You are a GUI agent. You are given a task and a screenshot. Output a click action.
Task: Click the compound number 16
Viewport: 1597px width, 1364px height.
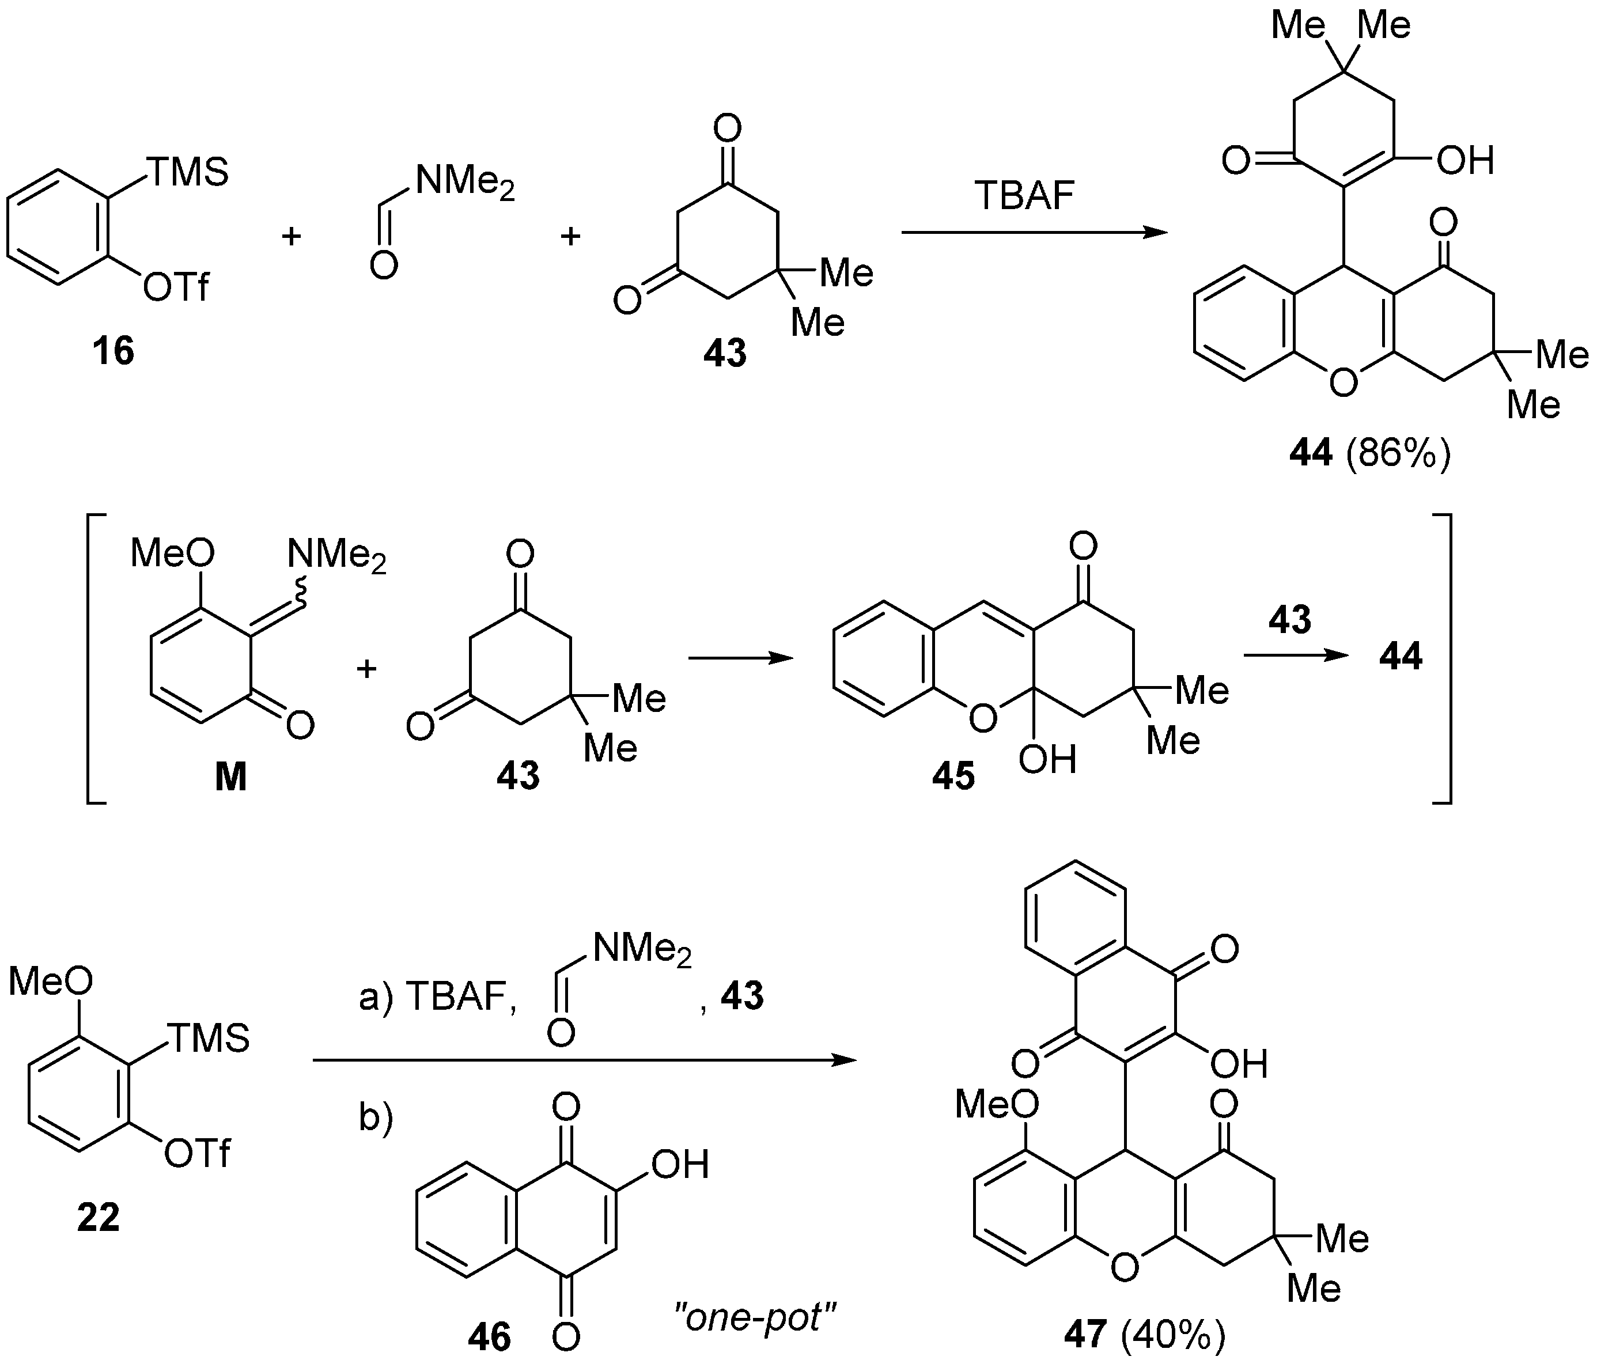coord(113,351)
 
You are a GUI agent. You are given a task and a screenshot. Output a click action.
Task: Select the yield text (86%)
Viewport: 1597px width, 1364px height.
coord(1399,454)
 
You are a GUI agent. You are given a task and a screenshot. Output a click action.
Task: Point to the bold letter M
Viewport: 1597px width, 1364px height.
coord(230,778)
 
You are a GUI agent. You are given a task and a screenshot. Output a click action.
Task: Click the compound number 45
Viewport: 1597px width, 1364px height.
coord(953,776)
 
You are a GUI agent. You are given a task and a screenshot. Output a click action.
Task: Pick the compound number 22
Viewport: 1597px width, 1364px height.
coord(99,1218)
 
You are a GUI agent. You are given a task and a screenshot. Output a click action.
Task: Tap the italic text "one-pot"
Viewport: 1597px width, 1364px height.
coord(755,1318)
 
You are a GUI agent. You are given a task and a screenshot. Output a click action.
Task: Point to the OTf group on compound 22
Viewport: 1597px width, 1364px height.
coord(197,1154)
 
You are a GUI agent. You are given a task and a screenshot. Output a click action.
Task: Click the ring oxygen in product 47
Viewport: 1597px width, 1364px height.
coord(1125,1267)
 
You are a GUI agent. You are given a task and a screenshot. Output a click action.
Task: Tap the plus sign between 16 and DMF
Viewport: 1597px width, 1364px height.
coord(290,236)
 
